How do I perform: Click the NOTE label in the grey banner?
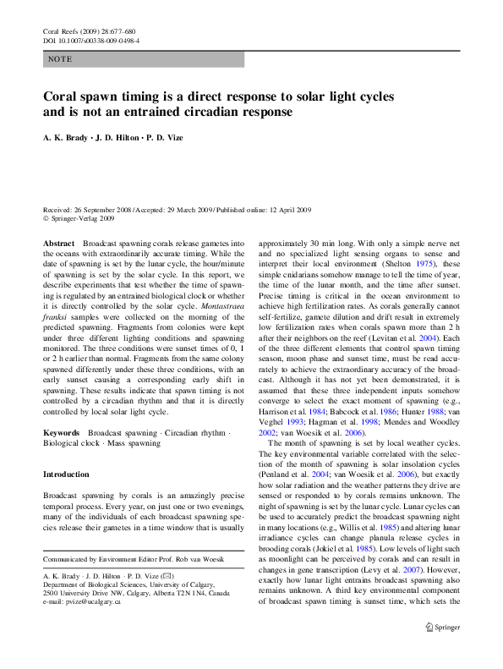tap(60, 59)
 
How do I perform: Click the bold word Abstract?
tap(59, 242)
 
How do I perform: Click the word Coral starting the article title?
tap(63, 96)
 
